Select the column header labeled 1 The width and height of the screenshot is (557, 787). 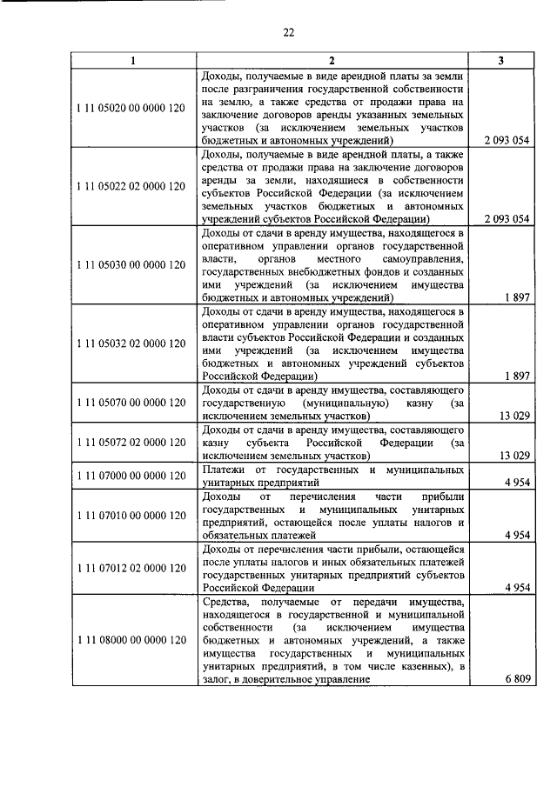pos(132,61)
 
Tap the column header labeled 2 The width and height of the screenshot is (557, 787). pos(332,61)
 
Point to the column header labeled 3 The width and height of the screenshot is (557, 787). pos(500,61)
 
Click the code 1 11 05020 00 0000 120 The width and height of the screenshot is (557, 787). pos(132,107)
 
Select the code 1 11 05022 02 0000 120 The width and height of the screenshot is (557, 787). pos(132,186)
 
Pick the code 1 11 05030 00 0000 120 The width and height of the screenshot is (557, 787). pos(132,264)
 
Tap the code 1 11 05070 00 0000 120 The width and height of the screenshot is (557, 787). pos(132,403)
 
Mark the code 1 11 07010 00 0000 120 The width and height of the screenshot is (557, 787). pos(132,515)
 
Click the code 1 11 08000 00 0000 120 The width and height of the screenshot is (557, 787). pos(132,639)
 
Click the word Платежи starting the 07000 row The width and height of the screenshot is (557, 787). pos(223,470)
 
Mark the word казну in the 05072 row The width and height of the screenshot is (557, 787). pos(217,442)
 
